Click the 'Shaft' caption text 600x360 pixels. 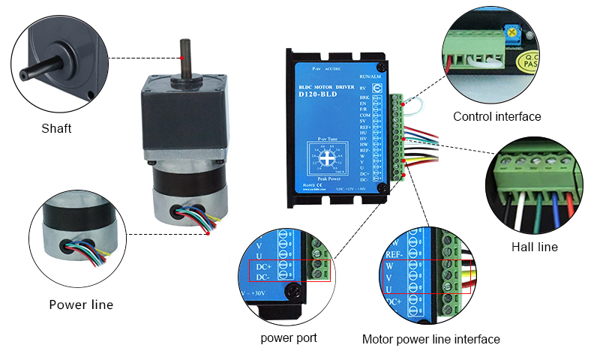tap(56, 128)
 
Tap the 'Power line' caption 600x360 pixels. tap(81, 304)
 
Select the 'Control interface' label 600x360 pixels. tap(496, 116)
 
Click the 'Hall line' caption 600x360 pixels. tap(534, 247)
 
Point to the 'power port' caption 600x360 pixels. tap(289, 338)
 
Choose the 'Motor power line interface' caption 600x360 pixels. tap(430, 339)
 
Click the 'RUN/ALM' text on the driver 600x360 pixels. tap(370, 76)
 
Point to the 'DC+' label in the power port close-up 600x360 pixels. tap(263, 266)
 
